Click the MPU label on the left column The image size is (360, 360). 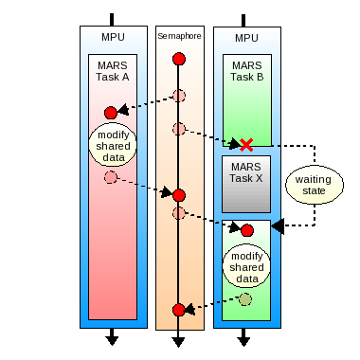[x=113, y=38]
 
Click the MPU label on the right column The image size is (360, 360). [x=246, y=38]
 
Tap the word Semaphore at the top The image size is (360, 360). [x=179, y=37]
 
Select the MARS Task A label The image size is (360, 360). [x=112, y=72]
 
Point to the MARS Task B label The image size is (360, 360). [x=246, y=72]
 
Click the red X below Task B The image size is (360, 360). [x=246, y=144]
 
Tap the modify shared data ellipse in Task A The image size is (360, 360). [x=113, y=143]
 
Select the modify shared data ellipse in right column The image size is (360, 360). [x=246, y=267]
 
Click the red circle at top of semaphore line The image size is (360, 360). [x=179, y=60]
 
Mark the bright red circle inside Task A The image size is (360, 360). [x=111, y=113]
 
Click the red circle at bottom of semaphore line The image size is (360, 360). [x=179, y=311]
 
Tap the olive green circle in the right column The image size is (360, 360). [x=246, y=299]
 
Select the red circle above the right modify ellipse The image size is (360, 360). [x=247, y=230]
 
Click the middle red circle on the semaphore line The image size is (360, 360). [x=179, y=195]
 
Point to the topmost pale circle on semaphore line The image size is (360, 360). [x=179, y=96]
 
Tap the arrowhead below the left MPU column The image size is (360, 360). [x=113, y=339]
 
